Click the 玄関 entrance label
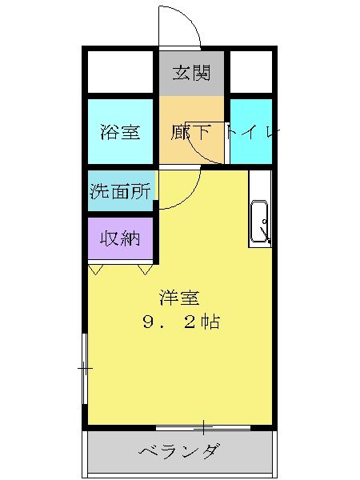[x=191, y=73]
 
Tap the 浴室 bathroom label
[x=120, y=132]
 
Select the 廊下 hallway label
[x=190, y=132]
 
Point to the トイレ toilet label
[x=253, y=132]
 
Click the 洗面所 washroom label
[x=120, y=191]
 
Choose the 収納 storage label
[x=120, y=238]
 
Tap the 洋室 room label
[x=179, y=298]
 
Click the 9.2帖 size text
[x=182, y=322]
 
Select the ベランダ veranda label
[x=179, y=450]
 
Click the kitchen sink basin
[x=259, y=222]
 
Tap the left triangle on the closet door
[x=95, y=270]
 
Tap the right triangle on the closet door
[x=145, y=270]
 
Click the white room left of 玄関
[x=120, y=72]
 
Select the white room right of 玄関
[x=251, y=72]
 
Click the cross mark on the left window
[x=85, y=368]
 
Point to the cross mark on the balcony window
[x=203, y=428]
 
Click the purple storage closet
[x=120, y=238]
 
